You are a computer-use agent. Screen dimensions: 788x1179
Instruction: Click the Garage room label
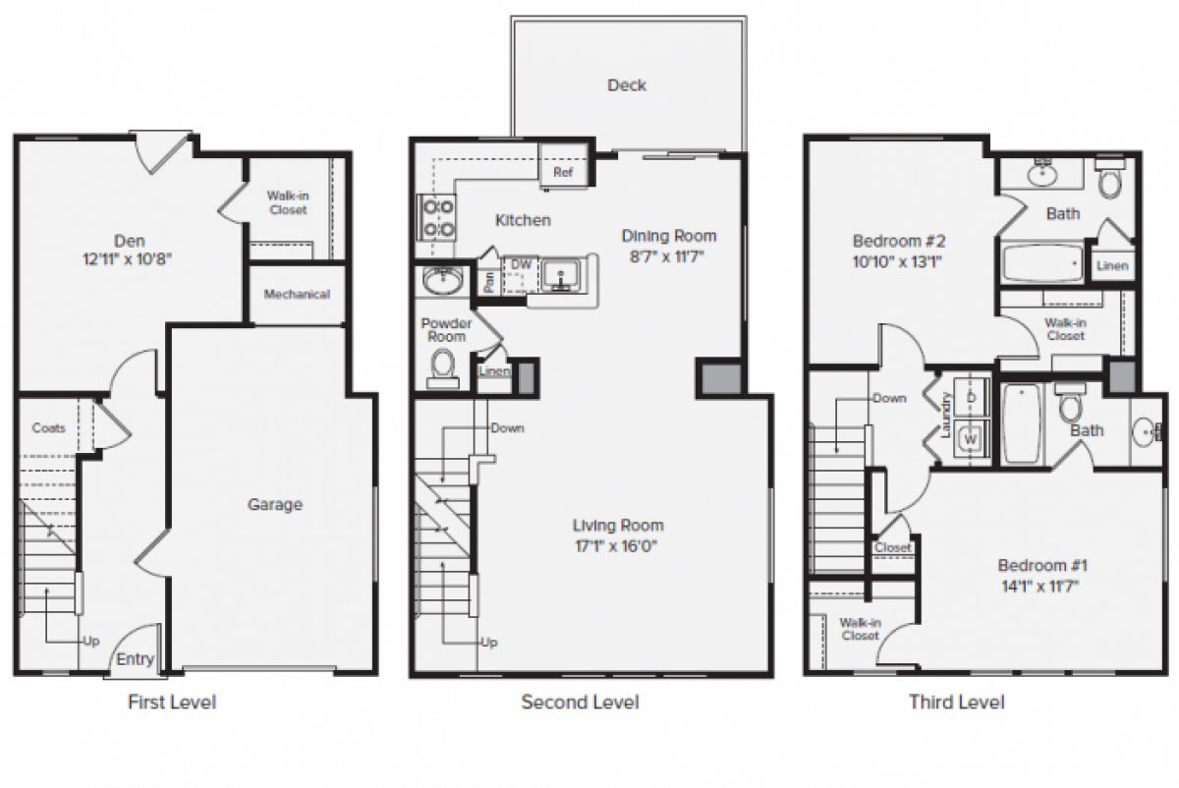click(x=274, y=504)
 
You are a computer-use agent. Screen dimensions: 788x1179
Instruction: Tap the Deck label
click(x=626, y=85)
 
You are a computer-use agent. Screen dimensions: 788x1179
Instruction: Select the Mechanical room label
click(x=297, y=294)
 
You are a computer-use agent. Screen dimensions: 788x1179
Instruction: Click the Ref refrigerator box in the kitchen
click(x=563, y=172)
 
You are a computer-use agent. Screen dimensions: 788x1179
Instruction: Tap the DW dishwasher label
click(x=520, y=263)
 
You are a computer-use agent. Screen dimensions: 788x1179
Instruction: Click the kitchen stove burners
click(x=437, y=218)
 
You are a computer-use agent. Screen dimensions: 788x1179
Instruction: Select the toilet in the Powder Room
click(x=443, y=366)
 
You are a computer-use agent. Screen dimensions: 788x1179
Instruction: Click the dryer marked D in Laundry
click(x=972, y=397)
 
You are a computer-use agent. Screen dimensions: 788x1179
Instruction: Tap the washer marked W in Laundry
click(x=971, y=439)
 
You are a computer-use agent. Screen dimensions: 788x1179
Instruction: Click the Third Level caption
click(x=956, y=702)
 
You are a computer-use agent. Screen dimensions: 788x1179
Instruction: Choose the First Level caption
click(x=172, y=702)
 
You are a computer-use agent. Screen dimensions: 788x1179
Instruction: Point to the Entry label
click(x=136, y=659)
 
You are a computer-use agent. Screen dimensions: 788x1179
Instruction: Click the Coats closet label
click(x=49, y=427)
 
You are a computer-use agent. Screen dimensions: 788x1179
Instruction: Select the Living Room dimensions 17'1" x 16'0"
click(x=618, y=546)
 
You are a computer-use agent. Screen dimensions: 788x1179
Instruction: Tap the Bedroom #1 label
click(x=1042, y=566)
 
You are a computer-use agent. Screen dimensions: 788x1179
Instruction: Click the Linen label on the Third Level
click(x=1111, y=265)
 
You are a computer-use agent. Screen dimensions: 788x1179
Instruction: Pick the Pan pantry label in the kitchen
click(x=488, y=281)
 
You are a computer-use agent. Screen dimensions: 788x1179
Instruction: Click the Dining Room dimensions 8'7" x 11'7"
click(x=668, y=257)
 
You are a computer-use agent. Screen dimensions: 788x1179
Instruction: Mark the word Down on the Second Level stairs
click(x=507, y=428)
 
